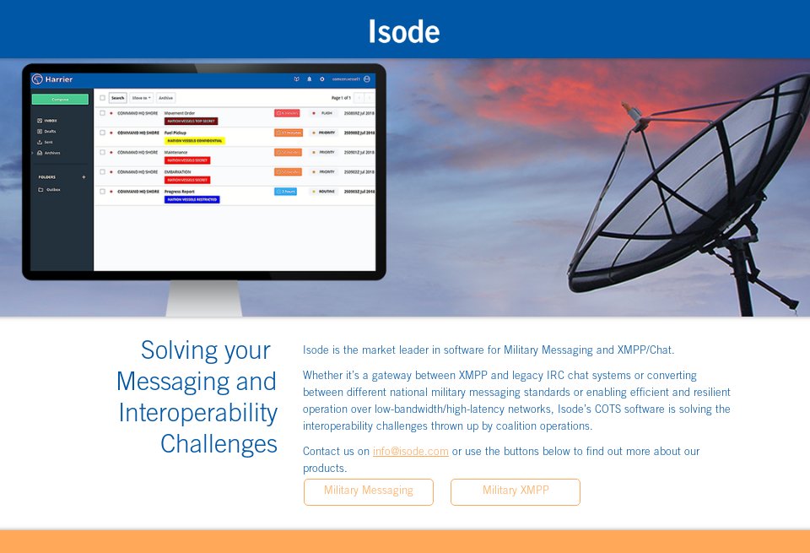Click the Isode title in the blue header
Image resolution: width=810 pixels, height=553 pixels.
pyautogui.click(x=404, y=32)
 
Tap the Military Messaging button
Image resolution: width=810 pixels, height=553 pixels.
pyautogui.click(x=369, y=491)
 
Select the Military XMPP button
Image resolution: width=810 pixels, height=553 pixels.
pyautogui.click(x=516, y=491)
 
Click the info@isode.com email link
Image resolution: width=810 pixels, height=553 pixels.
pyautogui.click(x=410, y=452)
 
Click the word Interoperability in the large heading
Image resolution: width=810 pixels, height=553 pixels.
pyautogui.click(x=198, y=413)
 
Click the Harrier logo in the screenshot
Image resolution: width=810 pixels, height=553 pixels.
pyautogui.click(x=52, y=79)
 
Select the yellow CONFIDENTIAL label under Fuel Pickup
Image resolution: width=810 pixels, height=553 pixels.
pyautogui.click(x=194, y=141)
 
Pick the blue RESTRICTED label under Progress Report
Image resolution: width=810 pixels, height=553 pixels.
pyautogui.click(x=192, y=200)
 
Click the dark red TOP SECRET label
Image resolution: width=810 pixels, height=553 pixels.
pyautogui.click(x=191, y=121)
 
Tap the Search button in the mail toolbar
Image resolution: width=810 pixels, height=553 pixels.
pyautogui.click(x=117, y=98)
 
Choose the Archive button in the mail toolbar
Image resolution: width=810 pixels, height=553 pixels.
pyautogui.click(x=165, y=98)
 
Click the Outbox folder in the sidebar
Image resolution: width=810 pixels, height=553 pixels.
pyautogui.click(x=53, y=190)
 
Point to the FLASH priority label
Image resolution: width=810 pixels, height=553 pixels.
pyautogui.click(x=327, y=112)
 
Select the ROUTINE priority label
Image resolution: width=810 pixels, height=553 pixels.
pyautogui.click(x=327, y=192)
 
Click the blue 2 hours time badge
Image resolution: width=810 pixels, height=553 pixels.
pyautogui.click(x=285, y=192)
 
